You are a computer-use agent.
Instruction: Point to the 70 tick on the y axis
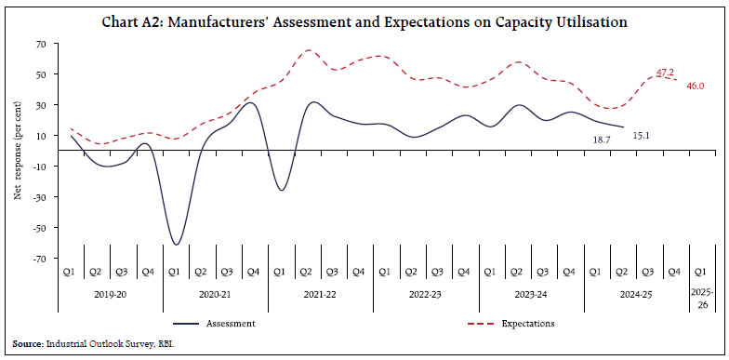point(42,44)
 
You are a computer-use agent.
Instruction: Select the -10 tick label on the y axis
point(40,167)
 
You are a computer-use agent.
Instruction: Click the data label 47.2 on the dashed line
point(665,72)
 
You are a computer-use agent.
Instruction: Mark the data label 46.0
point(696,86)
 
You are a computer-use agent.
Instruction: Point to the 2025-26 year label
point(703,300)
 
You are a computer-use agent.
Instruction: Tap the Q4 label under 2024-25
point(676,272)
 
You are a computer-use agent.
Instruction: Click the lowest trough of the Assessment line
point(176,245)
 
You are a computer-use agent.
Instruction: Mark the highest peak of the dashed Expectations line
point(309,50)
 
